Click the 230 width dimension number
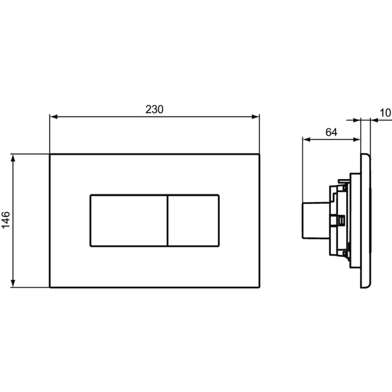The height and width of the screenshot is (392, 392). click(x=154, y=109)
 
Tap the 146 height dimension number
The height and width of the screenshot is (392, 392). click(x=6, y=220)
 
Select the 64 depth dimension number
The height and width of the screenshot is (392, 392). click(x=332, y=132)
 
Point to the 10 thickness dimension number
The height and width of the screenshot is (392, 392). click(x=386, y=113)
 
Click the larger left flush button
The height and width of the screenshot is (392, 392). click(x=129, y=220)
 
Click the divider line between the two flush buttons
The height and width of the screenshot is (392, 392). click(x=167, y=220)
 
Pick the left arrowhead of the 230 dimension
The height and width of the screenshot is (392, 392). click(x=54, y=117)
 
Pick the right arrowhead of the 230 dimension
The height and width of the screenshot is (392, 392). click(x=256, y=117)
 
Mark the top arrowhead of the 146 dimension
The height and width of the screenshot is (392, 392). click(x=13, y=158)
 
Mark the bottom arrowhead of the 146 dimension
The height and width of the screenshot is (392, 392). click(x=13, y=283)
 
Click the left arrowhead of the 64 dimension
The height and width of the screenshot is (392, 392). click(x=307, y=140)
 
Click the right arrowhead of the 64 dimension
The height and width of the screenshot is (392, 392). click(x=357, y=140)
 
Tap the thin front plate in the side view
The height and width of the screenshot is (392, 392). click(x=365, y=220)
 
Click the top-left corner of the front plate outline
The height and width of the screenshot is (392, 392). click(x=50, y=154)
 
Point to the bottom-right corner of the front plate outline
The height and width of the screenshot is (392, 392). click(x=260, y=287)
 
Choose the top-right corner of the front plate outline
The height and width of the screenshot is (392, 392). click(x=260, y=154)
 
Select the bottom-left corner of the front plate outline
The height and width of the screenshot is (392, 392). click(x=50, y=287)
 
